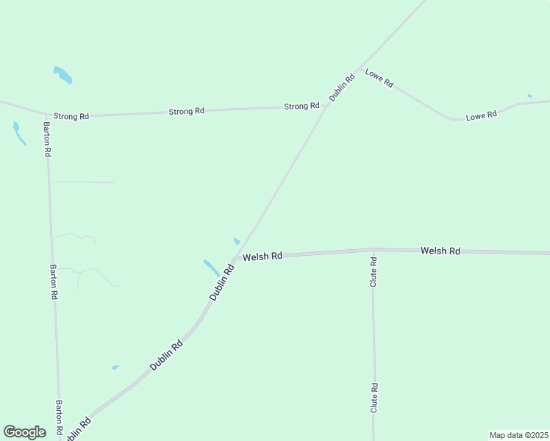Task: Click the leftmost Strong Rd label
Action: click(71, 116)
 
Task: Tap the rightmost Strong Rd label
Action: click(301, 107)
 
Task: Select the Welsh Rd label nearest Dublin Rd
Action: click(262, 257)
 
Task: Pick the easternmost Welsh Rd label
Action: click(440, 251)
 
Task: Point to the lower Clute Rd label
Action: click(374, 397)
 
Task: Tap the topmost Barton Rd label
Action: click(47, 140)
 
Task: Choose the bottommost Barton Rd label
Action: click(59, 416)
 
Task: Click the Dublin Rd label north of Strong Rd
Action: click(342, 87)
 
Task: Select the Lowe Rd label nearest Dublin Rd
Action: click(379, 79)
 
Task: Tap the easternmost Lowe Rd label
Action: click(482, 115)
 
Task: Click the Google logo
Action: click(24, 432)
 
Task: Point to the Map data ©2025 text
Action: click(518, 434)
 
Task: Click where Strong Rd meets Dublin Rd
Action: click(327, 105)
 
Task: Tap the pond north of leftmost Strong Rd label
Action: click(63, 74)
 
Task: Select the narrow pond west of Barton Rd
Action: click(18, 133)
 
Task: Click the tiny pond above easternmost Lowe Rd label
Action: click(529, 96)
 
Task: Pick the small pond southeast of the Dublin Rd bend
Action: click(115, 367)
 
